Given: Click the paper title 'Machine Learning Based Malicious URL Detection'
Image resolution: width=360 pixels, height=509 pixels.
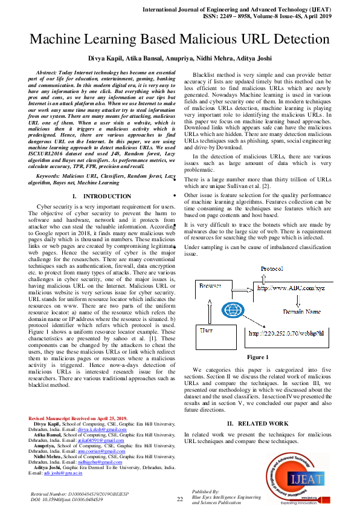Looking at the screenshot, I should pos(179,40).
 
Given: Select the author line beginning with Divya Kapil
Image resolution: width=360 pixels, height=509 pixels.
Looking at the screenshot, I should pos(179,59).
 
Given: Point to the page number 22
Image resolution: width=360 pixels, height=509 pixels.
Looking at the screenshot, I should pos(179,499).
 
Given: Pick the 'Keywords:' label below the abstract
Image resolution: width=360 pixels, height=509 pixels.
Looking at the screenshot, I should pos(50,175).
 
